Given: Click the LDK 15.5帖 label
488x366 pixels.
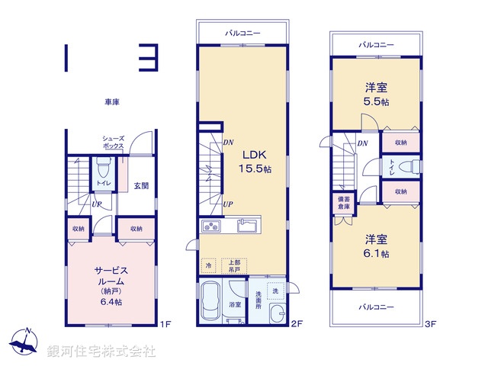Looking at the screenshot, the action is pos(255,162).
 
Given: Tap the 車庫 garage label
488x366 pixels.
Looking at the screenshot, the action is pos(112,101).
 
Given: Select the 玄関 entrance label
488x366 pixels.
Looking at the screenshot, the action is pos(141,186).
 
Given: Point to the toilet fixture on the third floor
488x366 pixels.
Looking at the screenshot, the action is pos(410,166).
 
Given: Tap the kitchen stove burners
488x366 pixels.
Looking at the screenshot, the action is pos(211,226).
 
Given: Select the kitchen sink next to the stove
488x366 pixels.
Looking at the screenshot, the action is pos(247,226).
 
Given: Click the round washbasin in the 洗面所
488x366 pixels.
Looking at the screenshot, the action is pos(277,313).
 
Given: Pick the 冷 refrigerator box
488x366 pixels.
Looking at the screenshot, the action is pos(208,265).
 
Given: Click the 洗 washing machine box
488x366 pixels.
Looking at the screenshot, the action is pos(275,291).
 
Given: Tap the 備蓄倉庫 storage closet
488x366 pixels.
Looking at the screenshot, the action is pos(344,203).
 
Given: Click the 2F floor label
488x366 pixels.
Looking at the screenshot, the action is pos(297,324).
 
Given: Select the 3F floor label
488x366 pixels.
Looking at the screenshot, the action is pos(430,324).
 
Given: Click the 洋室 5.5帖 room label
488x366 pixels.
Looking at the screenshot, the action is pos(376,95).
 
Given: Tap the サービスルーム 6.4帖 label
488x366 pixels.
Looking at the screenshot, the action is pos(111,286).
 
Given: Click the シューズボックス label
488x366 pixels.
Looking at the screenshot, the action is pos(114,143).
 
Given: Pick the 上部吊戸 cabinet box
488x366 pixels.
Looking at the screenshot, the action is pos(234,266).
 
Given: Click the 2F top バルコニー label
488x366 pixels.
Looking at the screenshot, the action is pos(242,33).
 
